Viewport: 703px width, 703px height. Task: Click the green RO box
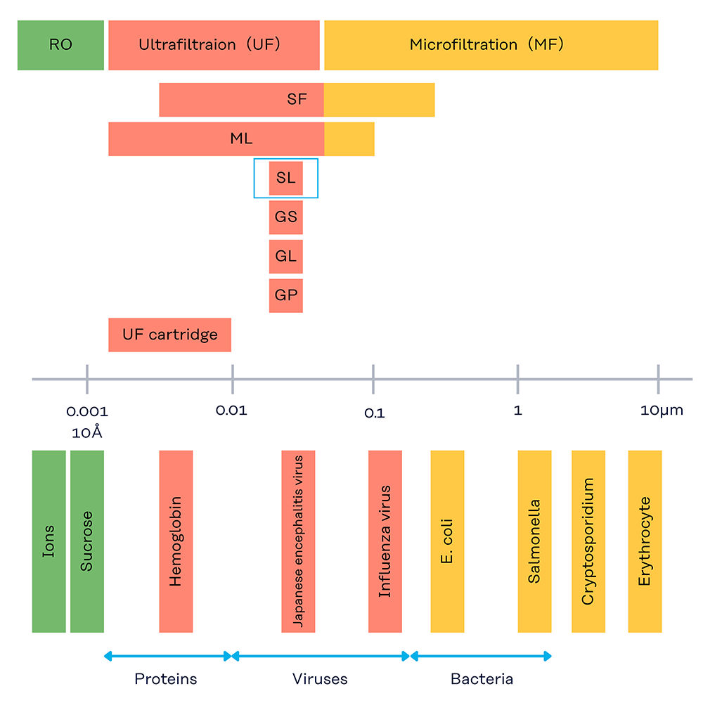[x=60, y=45]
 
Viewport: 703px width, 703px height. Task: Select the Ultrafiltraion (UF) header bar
[x=214, y=45]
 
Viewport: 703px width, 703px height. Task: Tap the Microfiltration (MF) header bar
[x=491, y=45]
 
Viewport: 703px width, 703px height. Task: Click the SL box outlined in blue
[x=285, y=178]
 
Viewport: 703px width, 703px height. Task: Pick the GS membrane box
[x=285, y=217]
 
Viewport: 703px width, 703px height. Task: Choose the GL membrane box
[x=285, y=257]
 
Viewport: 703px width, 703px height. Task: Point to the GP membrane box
[x=285, y=295]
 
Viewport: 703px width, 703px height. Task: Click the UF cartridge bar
[x=169, y=335]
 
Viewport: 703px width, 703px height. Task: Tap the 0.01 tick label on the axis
[x=231, y=411]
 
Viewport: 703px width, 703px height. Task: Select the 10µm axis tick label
[x=661, y=411]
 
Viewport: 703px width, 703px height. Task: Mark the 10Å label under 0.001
[x=87, y=432]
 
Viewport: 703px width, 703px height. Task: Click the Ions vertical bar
[x=49, y=541]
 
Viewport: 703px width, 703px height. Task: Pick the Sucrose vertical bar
[x=86, y=541]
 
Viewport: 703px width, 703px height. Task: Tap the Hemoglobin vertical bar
[x=176, y=541]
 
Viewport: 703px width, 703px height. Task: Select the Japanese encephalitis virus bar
[x=298, y=541]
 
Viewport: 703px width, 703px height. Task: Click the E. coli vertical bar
[x=447, y=541]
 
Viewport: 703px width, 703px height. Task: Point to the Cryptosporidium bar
[x=588, y=541]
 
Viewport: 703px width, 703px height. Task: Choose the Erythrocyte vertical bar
[x=645, y=541]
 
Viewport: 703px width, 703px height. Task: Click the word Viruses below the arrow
[x=320, y=679]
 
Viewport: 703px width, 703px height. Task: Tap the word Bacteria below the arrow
[x=482, y=679]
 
